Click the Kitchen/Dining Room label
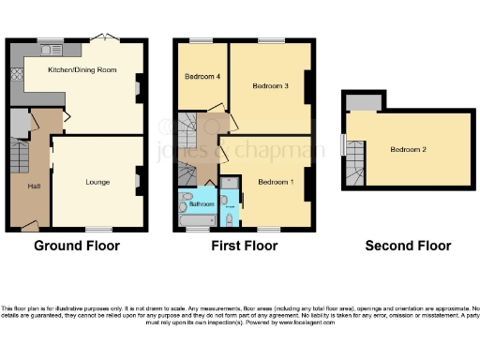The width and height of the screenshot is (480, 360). click(82, 68)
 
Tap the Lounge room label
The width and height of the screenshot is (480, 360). click(98, 182)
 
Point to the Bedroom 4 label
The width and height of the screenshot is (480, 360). click(202, 76)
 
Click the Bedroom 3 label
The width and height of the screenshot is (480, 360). click(270, 85)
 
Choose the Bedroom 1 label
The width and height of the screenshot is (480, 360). click(277, 181)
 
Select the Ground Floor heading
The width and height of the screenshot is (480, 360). click(77, 247)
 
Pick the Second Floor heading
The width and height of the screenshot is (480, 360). click(408, 247)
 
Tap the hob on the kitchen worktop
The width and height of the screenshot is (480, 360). click(17, 75)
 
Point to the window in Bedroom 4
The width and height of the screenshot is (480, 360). click(201, 40)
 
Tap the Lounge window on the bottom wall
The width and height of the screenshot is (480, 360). click(99, 229)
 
